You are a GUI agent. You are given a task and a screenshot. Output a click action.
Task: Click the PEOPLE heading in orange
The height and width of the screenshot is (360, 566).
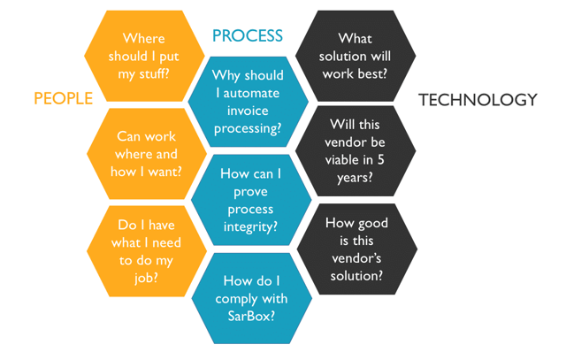click(63, 98)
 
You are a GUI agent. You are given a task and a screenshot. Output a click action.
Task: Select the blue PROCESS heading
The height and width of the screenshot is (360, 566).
click(248, 35)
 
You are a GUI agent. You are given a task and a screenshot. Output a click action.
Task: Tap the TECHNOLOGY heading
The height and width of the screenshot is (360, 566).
click(478, 100)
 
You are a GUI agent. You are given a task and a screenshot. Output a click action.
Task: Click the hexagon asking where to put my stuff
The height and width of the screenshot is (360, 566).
click(144, 56)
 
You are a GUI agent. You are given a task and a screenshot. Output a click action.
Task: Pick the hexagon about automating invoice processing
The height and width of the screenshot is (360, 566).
click(249, 102)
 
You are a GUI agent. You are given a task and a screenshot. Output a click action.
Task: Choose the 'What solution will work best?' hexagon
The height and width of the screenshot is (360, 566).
click(356, 56)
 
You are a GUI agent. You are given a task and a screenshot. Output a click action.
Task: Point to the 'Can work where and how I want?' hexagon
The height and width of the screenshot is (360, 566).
click(147, 154)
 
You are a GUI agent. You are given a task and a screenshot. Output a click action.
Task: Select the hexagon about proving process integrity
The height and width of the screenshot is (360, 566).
click(251, 200)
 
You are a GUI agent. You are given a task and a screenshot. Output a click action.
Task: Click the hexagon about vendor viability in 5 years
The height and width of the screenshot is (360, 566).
click(356, 151)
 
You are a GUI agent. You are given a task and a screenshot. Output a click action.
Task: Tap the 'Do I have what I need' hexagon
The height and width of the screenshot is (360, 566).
click(147, 251)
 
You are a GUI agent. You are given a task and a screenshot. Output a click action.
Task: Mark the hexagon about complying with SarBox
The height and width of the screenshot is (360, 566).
click(251, 298)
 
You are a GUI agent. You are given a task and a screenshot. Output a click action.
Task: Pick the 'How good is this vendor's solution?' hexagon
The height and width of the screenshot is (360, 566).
click(357, 249)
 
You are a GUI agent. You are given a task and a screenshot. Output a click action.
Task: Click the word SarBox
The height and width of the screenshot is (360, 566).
click(251, 317)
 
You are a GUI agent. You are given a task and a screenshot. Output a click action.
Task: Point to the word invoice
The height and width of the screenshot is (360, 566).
click(248, 111)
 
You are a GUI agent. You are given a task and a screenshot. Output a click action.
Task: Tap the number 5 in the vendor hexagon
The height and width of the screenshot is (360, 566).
click(381, 159)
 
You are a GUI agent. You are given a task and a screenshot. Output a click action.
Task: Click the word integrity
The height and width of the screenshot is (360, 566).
click(250, 227)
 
